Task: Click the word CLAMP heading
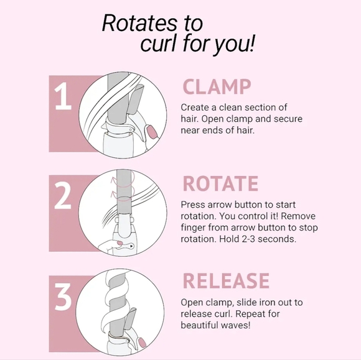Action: (217, 86)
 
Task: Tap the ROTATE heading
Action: (220, 183)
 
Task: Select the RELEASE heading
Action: (226, 280)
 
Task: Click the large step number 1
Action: (63, 96)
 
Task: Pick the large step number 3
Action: (63, 297)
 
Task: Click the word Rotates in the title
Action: (140, 23)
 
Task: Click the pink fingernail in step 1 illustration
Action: (151, 132)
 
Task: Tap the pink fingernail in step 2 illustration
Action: (120, 243)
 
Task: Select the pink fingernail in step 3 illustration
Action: (143, 343)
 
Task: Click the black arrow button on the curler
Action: (131, 246)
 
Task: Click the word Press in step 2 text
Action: (193, 205)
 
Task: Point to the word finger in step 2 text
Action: (193, 228)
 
